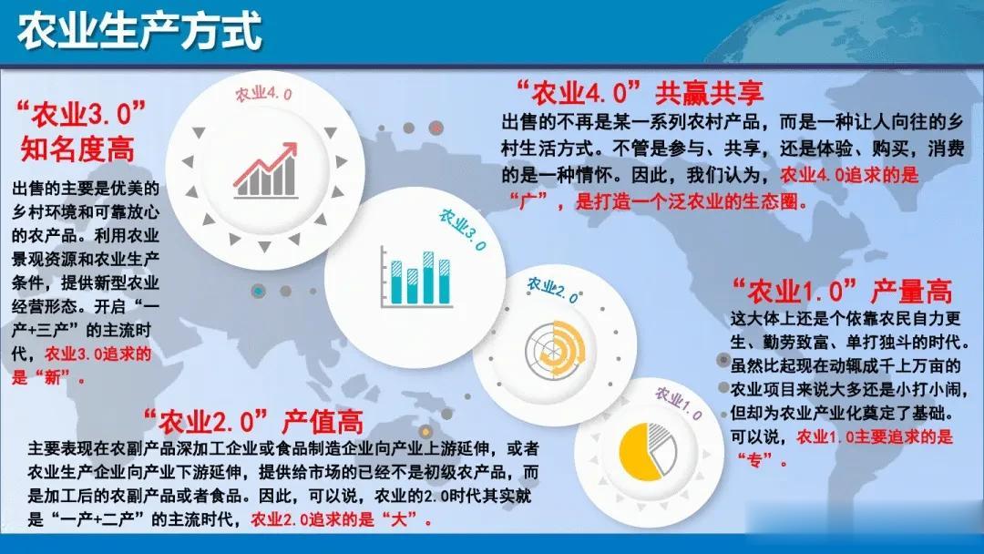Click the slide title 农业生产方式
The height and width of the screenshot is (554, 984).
tap(139, 31)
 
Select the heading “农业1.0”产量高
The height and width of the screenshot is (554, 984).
tap(842, 291)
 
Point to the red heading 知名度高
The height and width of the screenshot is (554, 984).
tap(77, 149)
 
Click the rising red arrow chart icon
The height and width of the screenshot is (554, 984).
tap(265, 170)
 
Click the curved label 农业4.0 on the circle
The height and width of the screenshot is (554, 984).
tap(263, 94)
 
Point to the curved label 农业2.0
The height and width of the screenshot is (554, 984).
tap(552, 289)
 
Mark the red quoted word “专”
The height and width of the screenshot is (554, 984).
tap(755, 460)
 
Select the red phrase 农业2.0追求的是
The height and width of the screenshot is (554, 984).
tap(313, 519)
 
